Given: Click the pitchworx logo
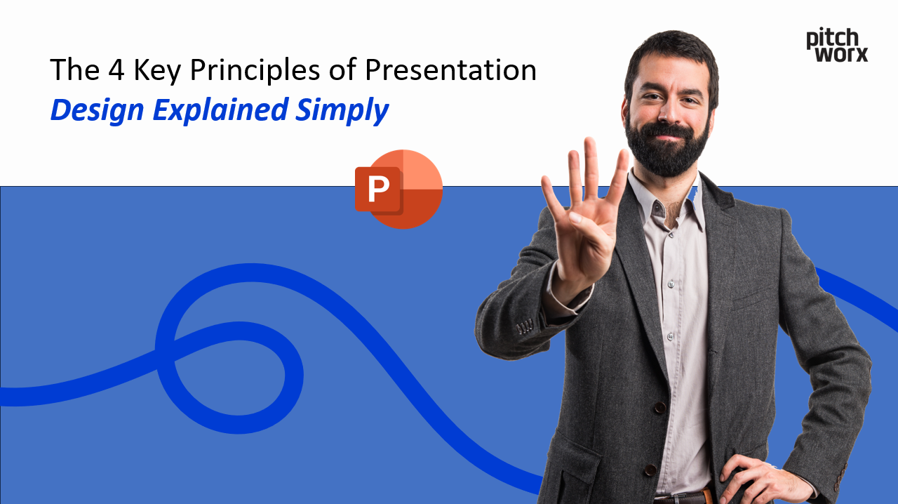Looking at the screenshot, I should tap(836, 45).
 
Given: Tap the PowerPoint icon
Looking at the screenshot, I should tap(398, 189).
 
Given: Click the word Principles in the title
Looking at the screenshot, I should tap(272, 71).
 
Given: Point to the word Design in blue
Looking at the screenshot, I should tap(97, 110).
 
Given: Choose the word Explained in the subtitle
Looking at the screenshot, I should tap(220, 111).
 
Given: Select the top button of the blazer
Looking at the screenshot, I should tap(659, 407).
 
